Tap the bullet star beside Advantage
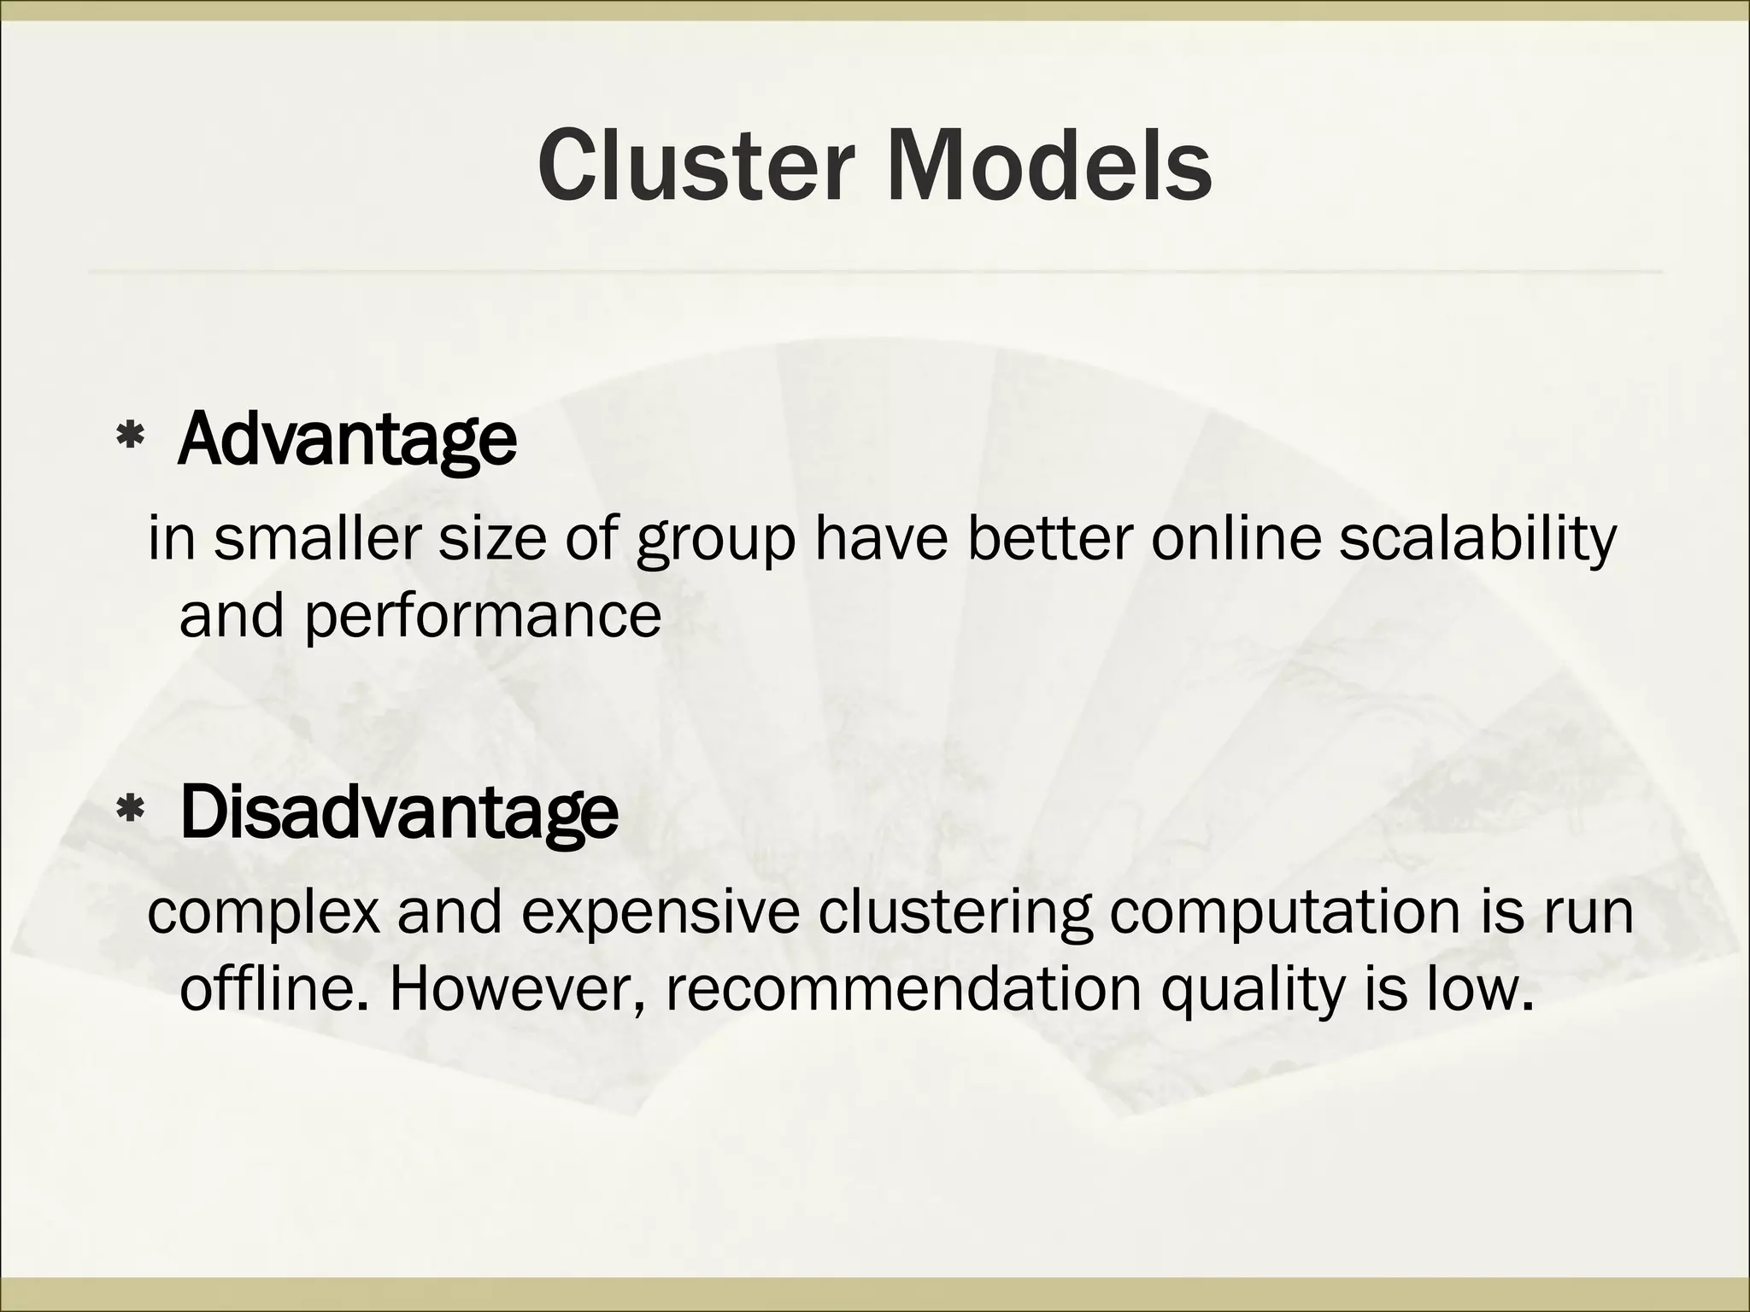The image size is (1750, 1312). (x=129, y=439)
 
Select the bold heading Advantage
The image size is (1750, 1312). (x=347, y=439)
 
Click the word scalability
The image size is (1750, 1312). (x=1477, y=540)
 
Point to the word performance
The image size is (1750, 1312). (x=482, y=617)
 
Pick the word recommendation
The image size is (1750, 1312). (x=901, y=989)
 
